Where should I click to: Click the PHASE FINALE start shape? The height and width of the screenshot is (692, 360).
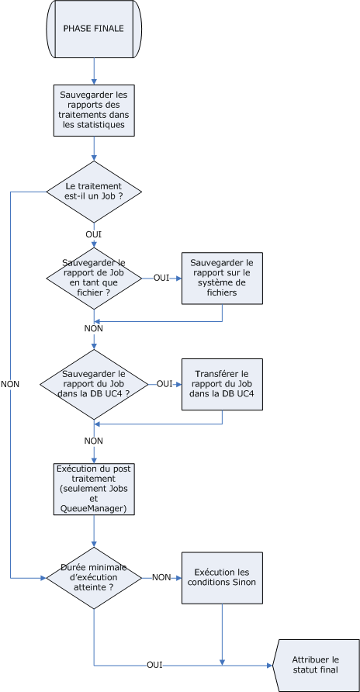[94, 29]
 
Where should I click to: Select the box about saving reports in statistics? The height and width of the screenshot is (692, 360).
[94, 110]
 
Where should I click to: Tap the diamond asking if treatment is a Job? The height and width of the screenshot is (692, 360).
[94, 192]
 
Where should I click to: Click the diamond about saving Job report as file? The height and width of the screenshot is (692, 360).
[94, 278]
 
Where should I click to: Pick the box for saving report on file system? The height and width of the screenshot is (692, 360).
[222, 278]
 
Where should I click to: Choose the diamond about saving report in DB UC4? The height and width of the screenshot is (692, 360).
[94, 384]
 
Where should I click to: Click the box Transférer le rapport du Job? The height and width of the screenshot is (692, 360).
[222, 384]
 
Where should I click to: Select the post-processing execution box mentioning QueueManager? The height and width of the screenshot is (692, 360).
[94, 489]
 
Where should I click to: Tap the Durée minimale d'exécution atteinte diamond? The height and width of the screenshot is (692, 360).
[94, 578]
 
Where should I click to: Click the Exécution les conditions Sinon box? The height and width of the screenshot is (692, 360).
[222, 578]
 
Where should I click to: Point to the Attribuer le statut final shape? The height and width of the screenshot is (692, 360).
[316, 665]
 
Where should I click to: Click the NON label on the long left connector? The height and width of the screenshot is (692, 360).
[10, 384]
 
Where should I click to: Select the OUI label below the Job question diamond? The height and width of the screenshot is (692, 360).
[94, 234]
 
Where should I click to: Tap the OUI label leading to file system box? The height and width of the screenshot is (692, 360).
[161, 279]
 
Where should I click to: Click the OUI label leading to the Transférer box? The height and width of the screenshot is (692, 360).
[164, 384]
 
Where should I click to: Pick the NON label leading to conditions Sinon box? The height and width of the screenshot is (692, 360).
[161, 578]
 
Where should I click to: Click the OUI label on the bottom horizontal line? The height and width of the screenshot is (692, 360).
[154, 665]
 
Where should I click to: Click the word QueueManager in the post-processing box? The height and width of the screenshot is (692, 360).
[94, 509]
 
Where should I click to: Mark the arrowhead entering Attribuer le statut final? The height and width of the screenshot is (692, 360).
[270, 665]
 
